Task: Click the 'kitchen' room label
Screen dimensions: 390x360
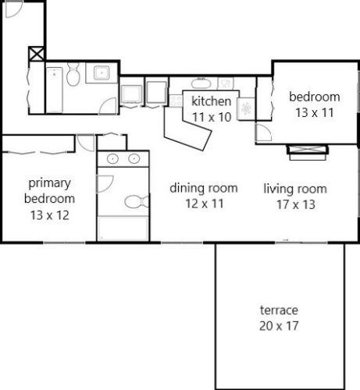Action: (212, 101)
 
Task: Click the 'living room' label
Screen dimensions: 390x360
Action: (294, 188)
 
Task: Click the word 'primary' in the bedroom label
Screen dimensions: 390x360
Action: (49, 184)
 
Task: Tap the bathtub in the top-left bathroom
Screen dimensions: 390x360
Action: (55, 88)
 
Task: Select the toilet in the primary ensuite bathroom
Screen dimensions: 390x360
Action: (134, 202)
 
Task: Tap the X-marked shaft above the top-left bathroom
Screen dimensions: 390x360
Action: (35, 56)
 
